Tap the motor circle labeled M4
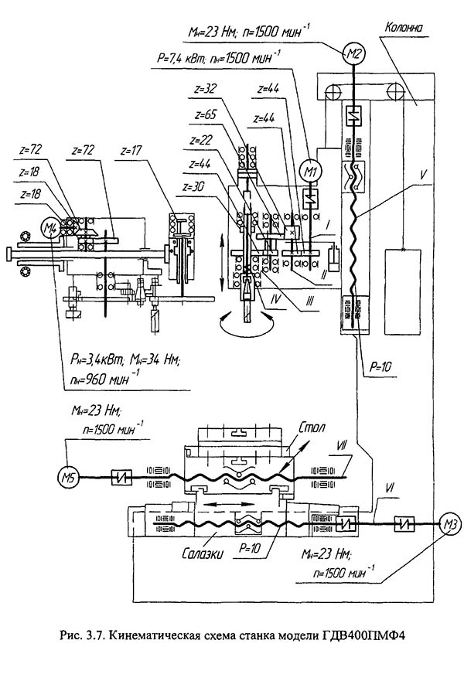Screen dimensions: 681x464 click(x=50, y=226)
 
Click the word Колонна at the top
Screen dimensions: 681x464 click(x=404, y=27)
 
